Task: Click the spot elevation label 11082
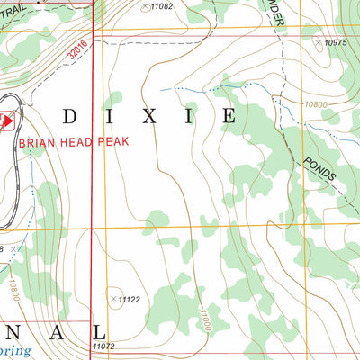pyautogui.click(x=161, y=6)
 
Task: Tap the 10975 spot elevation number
pyautogui.click(x=335, y=42)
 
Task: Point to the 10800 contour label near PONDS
pyautogui.click(x=316, y=105)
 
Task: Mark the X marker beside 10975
pyautogui.click(x=316, y=41)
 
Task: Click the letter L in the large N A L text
pyautogui.click(x=86, y=332)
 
